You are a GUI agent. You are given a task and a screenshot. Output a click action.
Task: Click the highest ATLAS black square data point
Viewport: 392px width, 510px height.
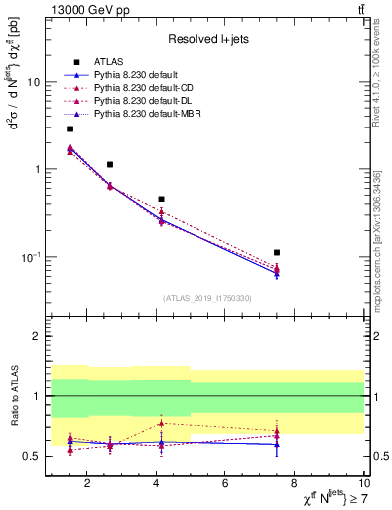[70, 128]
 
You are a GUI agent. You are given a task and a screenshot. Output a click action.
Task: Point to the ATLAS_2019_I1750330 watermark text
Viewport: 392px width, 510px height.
[208, 298]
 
